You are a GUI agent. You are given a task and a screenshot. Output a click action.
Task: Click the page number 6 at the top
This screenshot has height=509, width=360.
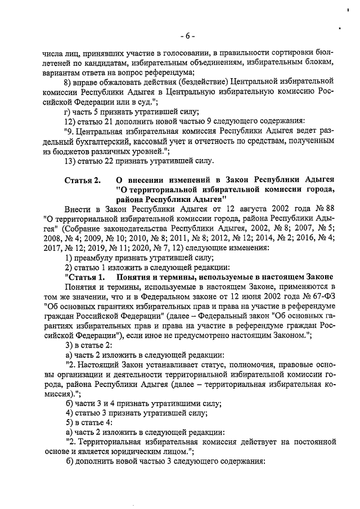click(x=188, y=36)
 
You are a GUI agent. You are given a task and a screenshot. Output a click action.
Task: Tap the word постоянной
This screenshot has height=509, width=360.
click(x=312, y=442)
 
